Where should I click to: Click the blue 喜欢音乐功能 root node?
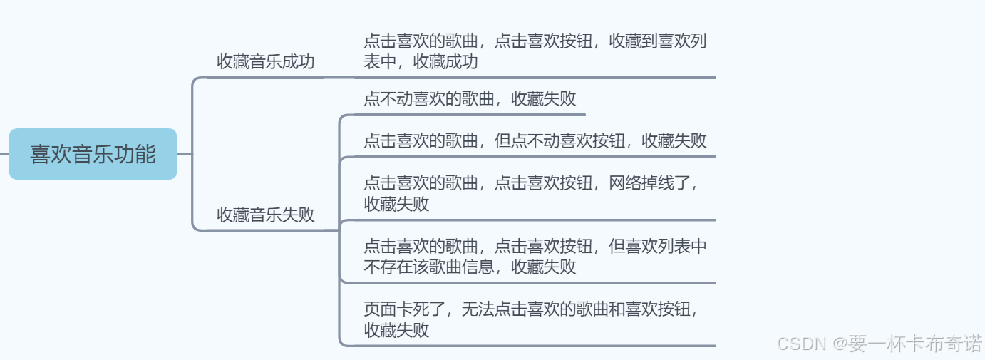tap(93, 154)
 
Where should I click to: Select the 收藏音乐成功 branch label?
tap(265, 62)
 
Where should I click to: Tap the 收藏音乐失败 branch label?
tap(265, 215)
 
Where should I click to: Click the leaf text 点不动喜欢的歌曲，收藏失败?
tap(470, 99)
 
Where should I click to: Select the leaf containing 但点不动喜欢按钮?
tap(535, 140)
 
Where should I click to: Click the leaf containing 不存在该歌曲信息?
tap(535, 257)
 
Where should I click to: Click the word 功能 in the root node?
tap(140, 154)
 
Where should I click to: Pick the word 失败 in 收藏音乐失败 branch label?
tap(299, 215)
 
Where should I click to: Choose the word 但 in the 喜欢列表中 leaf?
tap(617, 247)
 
